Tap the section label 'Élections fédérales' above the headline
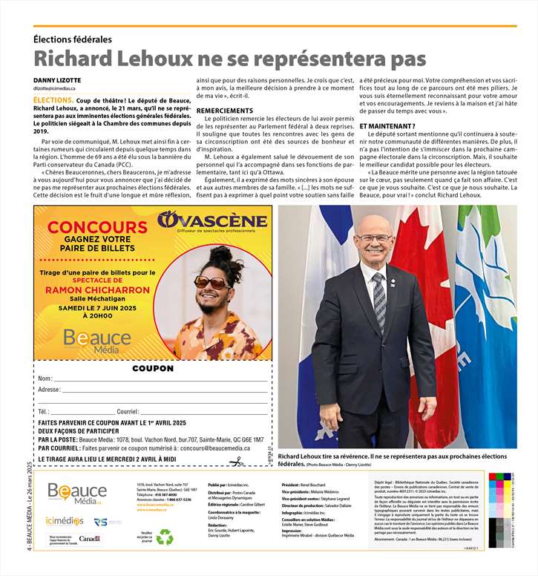(x=73, y=39)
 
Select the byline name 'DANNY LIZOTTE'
(x=57, y=80)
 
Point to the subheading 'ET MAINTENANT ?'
(x=385, y=126)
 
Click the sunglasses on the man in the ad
(x=212, y=282)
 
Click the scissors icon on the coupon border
(x=236, y=462)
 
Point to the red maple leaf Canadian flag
(x=423, y=282)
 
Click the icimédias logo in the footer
(x=65, y=521)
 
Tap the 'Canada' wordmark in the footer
(x=89, y=539)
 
